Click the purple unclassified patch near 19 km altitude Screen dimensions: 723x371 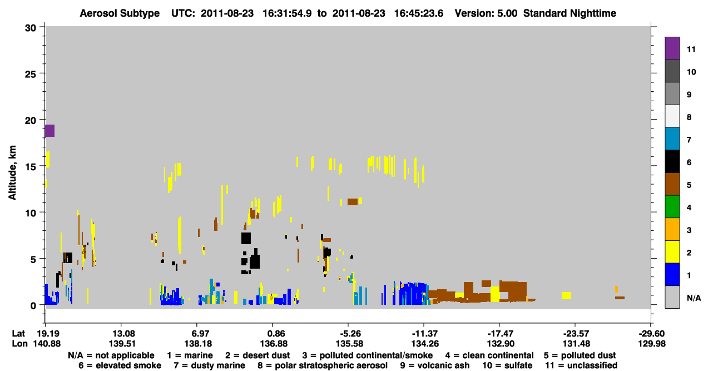click(49, 131)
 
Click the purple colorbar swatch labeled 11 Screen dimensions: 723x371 click(672, 48)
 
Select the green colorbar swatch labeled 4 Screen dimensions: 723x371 click(672, 207)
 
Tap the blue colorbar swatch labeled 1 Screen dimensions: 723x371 click(672, 274)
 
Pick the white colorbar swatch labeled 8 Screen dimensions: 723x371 click(672, 116)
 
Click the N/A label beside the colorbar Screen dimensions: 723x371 click(694, 298)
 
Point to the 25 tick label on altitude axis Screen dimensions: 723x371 click(31, 75)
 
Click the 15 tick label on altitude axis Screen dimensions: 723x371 click(31, 167)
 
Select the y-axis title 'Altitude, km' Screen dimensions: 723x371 click(12, 173)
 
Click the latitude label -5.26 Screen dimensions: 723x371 click(350, 333)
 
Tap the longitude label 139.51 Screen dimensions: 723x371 click(122, 343)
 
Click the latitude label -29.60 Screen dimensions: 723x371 click(652, 333)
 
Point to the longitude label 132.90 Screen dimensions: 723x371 click(501, 343)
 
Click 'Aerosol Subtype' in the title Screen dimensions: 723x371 click(120, 13)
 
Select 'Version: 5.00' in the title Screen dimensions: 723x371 click(486, 13)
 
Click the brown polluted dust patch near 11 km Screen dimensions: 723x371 click(353, 202)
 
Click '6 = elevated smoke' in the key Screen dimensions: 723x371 click(120, 365)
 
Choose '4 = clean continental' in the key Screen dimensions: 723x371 click(489, 355)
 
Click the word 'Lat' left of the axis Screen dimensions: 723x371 click(18, 333)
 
